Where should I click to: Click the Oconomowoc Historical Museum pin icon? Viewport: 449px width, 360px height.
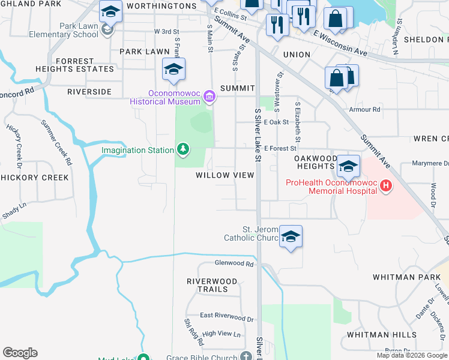point(209,97)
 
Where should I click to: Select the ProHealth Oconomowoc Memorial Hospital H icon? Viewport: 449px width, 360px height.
point(385,187)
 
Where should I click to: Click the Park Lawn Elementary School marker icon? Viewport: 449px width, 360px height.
point(107,29)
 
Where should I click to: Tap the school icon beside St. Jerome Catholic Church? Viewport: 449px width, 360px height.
point(290,237)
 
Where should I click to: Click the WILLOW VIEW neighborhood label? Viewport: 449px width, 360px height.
point(225,175)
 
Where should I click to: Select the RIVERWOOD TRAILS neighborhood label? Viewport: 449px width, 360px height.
point(207,285)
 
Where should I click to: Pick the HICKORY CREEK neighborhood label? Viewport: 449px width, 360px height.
point(34,178)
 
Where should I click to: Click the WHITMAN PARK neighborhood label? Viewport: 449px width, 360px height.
point(402,277)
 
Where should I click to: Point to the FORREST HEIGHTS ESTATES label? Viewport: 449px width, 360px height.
point(84,65)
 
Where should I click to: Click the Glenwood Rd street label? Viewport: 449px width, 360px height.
point(234,263)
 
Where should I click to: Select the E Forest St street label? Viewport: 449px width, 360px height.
point(280,148)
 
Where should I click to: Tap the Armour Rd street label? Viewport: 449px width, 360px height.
point(364,110)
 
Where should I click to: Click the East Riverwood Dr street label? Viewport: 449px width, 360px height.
point(226,315)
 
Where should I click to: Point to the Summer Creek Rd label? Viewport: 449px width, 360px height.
point(56,142)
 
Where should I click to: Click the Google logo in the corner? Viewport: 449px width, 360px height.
point(20,353)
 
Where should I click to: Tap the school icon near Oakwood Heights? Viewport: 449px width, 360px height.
point(348,166)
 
